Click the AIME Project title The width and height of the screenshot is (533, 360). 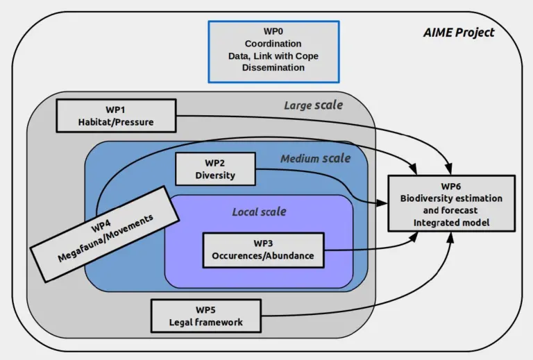pos(459,33)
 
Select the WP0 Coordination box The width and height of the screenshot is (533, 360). pos(273,51)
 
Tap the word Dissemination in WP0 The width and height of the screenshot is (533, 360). pos(273,68)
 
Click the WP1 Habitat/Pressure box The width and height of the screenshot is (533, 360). pos(116,116)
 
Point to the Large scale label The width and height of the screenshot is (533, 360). pos(313,105)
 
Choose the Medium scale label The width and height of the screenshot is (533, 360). pos(315,159)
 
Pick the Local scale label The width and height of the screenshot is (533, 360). pos(259,211)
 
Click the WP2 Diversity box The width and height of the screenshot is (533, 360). pos(215,169)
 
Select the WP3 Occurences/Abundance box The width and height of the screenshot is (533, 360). pos(263,249)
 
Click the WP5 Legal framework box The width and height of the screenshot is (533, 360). pos(206,316)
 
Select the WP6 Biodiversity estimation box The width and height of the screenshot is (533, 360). pos(451,203)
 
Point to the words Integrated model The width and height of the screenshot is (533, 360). pos(451,222)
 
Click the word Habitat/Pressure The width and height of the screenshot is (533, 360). pos(116,123)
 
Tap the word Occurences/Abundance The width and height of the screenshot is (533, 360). pos(263,256)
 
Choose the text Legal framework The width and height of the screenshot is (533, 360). pos(206,323)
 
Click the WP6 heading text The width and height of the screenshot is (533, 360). pos(451,186)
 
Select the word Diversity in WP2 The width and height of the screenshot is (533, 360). pos(215,175)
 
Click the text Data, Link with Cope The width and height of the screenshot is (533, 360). pos(273,56)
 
